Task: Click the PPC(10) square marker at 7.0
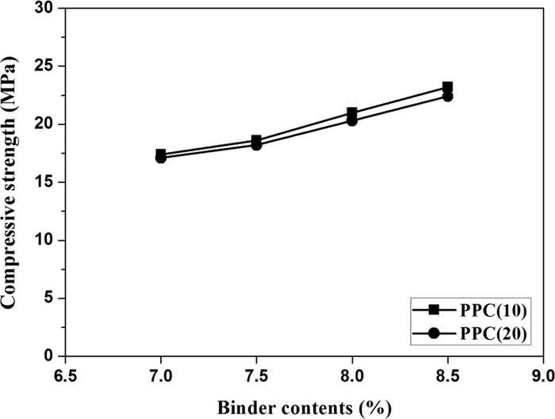pyautogui.click(x=161, y=154)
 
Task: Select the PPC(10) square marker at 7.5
pyautogui.click(x=257, y=140)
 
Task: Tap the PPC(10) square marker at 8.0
pyautogui.click(x=352, y=113)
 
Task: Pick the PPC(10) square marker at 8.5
pyautogui.click(x=447, y=87)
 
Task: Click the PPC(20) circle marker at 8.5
pyautogui.click(x=447, y=97)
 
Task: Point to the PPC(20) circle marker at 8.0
pyautogui.click(x=352, y=121)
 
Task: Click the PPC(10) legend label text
pyautogui.click(x=494, y=310)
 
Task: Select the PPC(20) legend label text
pyautogui.click(x=494, y=333)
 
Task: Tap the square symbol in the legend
pyautogui.click(x=434, y=310)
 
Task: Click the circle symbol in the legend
pyautogui.click(x=434, y=333)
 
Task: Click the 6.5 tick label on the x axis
pyautogui.click(x=65, y=376)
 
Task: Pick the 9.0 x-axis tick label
pyautogui.click(x=542, y=376)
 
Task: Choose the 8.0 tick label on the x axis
pyautogui.click(x=352, y=376)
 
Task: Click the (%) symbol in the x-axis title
pyautogui.click(x=376, y=409)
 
